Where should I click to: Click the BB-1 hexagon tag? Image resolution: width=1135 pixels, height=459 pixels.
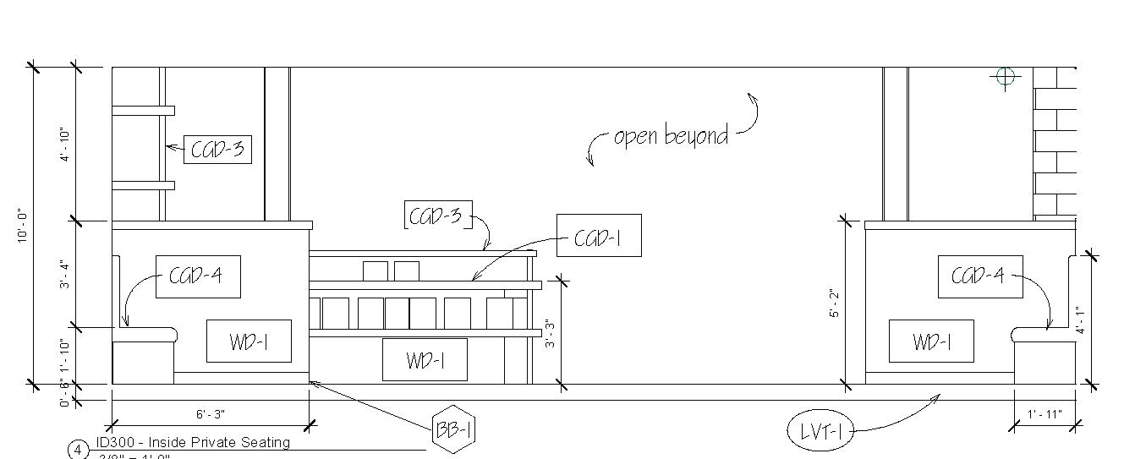coord(454,430)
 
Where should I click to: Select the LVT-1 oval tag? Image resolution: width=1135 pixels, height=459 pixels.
coord(820,432)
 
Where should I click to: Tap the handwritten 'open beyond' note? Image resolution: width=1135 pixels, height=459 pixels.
coord(671,136)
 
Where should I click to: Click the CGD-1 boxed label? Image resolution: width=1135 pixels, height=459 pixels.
coord(598,236)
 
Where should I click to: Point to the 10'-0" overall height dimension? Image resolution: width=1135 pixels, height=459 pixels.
coord(23,227)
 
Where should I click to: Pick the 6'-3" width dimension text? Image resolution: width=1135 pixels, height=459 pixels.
coord(211,414)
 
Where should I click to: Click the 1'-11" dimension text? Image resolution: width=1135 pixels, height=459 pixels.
coord(1045,414)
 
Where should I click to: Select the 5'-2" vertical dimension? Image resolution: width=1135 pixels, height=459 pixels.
coord(832,303)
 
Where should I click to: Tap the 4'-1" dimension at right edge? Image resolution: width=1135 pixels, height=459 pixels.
coord(1080,320)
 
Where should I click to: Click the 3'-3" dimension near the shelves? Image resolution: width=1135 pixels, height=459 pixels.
coord(549,333)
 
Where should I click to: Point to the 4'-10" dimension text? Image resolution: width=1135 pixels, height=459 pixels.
coord(65,145)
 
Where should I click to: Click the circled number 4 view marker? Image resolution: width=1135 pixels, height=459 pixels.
coord(78,450)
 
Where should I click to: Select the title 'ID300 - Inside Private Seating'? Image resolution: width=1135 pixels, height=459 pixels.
coord(193,442)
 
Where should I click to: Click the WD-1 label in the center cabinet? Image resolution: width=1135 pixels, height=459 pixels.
coord(425,360)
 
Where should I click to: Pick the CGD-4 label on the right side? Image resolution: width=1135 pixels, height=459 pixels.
coord(979,276)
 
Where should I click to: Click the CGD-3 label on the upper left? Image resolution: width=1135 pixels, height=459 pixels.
coord(217,150)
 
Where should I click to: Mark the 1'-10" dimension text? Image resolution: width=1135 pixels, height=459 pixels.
coord(65,355)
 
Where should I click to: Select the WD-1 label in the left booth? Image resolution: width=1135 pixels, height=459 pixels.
coord(249,342)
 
